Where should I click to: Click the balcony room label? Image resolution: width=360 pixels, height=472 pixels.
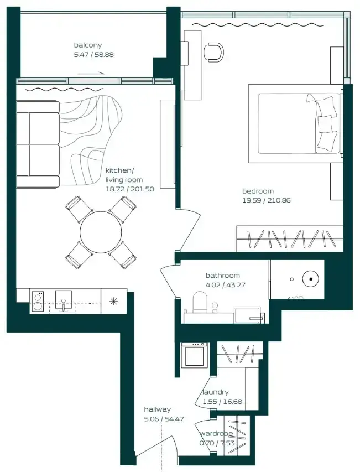click(x=88, y=45)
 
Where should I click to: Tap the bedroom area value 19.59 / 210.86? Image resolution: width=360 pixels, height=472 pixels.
click(x=267, y=200)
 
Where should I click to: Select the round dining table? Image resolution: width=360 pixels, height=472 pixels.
click(x=101, y=232)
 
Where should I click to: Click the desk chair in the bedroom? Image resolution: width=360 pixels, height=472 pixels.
click(x=213, y=52)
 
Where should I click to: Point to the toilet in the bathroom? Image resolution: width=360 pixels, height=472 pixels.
click(x=199, y=302)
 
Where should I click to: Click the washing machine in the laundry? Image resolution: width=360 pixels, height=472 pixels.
click(x=194, y=354)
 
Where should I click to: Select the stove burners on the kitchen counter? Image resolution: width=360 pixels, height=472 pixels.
click(x=38, y=302)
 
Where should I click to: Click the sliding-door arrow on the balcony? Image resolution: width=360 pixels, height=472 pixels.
click(x=91, y=73)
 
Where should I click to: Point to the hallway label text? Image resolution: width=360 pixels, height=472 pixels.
click(x=157, y=409)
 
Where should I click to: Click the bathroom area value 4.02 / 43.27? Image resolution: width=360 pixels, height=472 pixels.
click(x=225, y=285)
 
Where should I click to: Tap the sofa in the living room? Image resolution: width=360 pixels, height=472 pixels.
click(x=38, y=144)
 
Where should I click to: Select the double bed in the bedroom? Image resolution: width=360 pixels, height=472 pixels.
click(x=296, y=124)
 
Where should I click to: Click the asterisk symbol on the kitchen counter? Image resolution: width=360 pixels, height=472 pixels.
click(x=113, y=302)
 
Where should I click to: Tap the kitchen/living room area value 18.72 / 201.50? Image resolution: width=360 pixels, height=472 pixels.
click(x=129, y=189)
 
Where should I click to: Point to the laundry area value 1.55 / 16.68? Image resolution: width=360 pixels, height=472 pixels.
click(x=222, y=402)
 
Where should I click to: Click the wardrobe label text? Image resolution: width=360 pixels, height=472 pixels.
click(x=216, y=434)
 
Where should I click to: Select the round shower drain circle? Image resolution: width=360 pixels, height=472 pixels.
click(x=310, y=279)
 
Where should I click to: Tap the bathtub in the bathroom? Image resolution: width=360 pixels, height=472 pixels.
click(x=249, y=315)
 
